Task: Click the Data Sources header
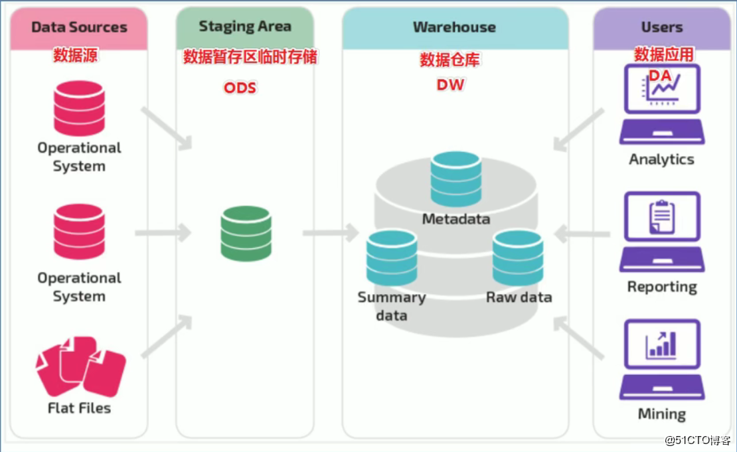tap(79, 27)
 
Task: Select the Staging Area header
tap(245, 27)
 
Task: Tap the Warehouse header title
tap(454, 27)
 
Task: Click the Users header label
tap(662, 27)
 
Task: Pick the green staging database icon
tap(246, 234)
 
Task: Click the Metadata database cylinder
tap(456, 179)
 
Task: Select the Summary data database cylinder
tap(392, 258)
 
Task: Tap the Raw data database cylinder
tap(518, 258)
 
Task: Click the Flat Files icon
tap(81, 366)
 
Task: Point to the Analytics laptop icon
tap(662, 104)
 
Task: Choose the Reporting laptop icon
tap(662, 232)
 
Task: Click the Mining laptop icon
tap(662, 360)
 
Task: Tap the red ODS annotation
tap(240, 88)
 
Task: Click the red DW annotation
tap(450, 84)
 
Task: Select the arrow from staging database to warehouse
tap(331, 233)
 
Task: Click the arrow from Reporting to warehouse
tap(582, 234)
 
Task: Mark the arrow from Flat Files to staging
tap(167, 336)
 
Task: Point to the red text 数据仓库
tap(450, 60)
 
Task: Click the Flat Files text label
tap(80, 408)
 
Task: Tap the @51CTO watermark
tap(698, 440)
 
